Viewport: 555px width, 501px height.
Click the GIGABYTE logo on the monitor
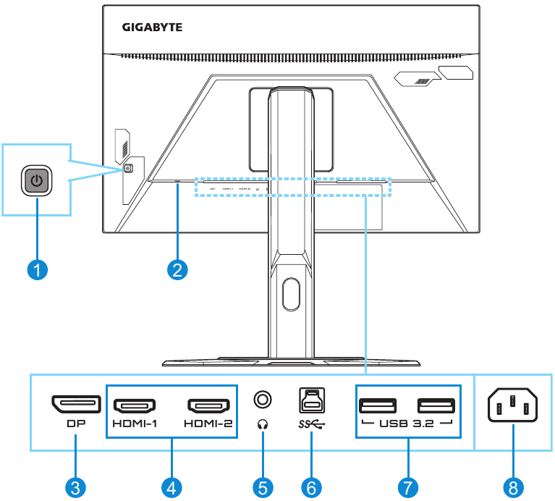point(152,27)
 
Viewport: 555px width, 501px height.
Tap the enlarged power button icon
point(36,180)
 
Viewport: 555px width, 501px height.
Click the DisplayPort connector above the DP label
point(75,403)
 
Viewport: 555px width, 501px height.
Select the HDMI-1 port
point(136,405)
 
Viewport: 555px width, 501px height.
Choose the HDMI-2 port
point(208,405)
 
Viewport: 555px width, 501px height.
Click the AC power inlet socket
point(512,408)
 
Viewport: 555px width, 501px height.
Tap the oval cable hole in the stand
point(291,295)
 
